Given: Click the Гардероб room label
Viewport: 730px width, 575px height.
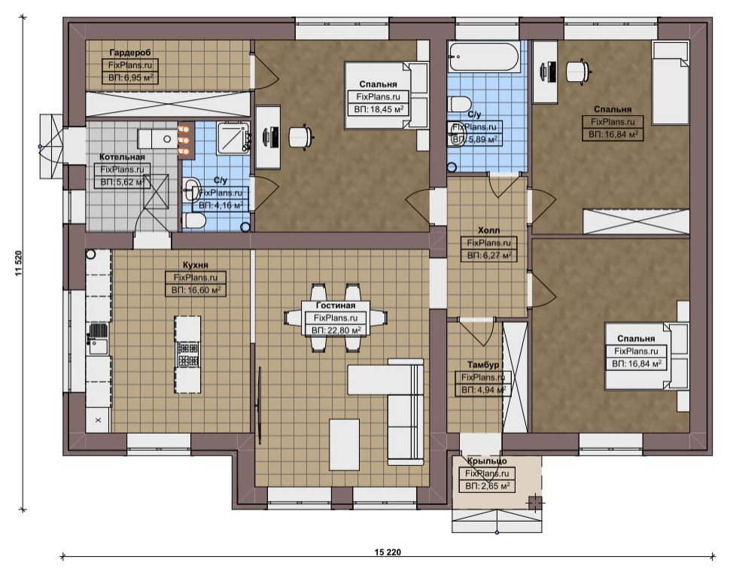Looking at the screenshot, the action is pyautogui.click(x=130, y=53).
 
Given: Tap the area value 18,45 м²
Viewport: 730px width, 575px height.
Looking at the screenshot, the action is pyautogui.click(x=379, y=109).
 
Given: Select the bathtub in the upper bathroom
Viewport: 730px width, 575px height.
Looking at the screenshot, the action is pyautogui.click(x=483, y=56).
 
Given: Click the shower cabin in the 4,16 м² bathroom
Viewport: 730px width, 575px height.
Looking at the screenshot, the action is pyautogui.click(x=234, y=137).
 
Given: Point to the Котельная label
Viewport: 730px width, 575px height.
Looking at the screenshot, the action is pyautogui.click(x=122, y=157).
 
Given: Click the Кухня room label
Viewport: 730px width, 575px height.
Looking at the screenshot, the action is pyautogui.click(x=196, y=265).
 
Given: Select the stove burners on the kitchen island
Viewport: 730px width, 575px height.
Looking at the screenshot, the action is pyautogui.click(x=187, y=354).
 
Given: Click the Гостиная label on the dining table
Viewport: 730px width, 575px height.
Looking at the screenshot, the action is pyautogui.click(x=336, y=306).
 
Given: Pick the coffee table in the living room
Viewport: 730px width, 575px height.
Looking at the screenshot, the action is pyautogui.click(x=345, y=445).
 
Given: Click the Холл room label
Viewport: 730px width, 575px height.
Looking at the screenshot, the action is pyautogui.click(x=489, y=230).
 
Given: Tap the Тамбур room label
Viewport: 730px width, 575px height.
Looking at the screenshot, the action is pyautogui.click(x=483, y=364).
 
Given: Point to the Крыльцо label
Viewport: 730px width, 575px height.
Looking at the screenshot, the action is pyautogui.click(x=487, y=461).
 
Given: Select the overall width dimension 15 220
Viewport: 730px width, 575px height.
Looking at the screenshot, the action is pyautogui.click(x=388, y=552).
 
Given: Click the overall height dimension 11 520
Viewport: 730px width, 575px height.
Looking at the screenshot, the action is pyautogui.click(x=19, y=263).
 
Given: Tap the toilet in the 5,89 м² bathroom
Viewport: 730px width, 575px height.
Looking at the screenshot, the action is pyautogui.click(x=459, y=104).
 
